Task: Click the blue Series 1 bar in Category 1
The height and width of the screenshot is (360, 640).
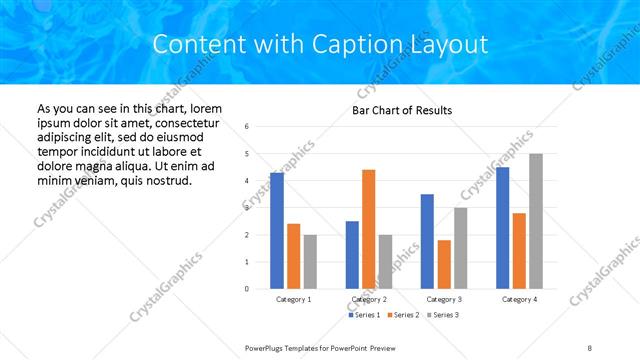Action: pos(277,231)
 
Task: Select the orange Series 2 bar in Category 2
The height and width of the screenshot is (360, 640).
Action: pos(368,229)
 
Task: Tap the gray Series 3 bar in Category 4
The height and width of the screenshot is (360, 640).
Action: pos(536,221)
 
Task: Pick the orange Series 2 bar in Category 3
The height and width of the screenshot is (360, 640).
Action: pos(444,264)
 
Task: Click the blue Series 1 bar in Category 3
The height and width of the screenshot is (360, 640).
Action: pos(427,241)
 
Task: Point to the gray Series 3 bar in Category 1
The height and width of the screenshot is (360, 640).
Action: pos(310,262)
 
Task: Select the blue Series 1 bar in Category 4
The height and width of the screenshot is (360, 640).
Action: pos(502,228)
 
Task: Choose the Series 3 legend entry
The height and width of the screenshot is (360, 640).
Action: pos(443,315)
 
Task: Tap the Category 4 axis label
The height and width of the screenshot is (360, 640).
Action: pos(519,299)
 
